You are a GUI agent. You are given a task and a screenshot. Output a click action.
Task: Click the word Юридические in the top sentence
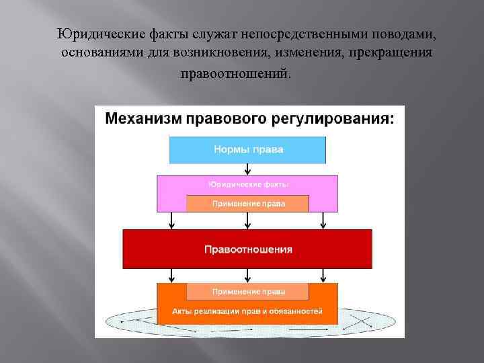(96, 34)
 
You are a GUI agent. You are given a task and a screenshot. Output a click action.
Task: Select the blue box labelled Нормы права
(248, 149)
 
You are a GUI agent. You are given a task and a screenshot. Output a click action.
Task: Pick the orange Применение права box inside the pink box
(248, 203)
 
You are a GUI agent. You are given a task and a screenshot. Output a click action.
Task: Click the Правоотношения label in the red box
(248, 249)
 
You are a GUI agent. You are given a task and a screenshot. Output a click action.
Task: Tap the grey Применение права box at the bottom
(248, 292)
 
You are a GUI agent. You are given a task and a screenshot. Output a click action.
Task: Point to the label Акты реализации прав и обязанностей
(248, 311)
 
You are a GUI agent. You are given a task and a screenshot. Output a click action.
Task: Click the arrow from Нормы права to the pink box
(248, 169)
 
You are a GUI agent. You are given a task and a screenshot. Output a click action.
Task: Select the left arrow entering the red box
(173, 220)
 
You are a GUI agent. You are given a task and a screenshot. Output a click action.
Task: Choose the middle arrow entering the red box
(248, 220)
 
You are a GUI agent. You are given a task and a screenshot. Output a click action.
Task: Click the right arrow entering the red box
(323, 220)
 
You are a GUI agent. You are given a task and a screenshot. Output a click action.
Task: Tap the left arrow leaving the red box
(173, 274)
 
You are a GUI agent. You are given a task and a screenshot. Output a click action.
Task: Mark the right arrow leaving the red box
(323, 274)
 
